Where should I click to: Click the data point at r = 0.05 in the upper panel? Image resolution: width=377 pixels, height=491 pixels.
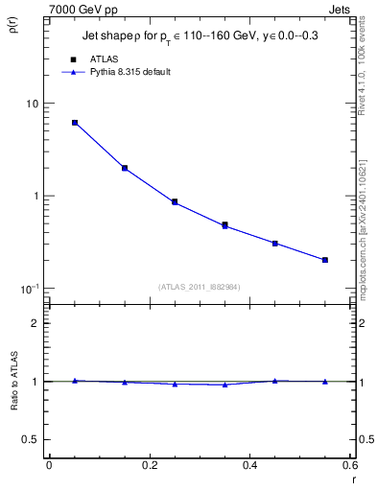[75, 123]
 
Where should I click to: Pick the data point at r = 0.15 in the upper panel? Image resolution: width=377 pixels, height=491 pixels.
[125, 168]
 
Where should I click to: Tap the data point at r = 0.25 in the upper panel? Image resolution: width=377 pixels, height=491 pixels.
[175, 202]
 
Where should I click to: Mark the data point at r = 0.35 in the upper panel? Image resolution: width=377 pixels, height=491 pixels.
[224, 225]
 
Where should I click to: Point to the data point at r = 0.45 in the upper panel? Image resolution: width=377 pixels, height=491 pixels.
[274, 244]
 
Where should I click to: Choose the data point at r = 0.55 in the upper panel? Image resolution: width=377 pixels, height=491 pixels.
[325, 260]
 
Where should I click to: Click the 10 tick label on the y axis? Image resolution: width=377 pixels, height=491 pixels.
[31, 104]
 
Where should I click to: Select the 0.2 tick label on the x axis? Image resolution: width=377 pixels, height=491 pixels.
[149, 464]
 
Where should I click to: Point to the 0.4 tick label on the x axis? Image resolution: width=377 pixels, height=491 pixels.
[249, 464]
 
